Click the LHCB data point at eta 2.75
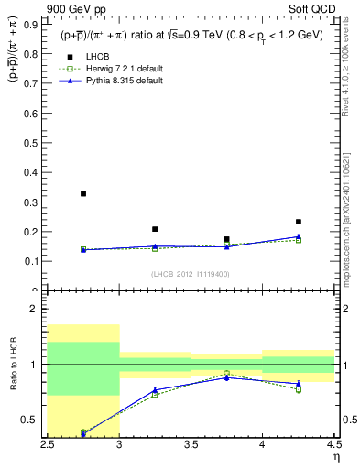pos(82,193)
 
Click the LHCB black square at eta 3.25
pos(155,229)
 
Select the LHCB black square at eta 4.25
pos(299,222)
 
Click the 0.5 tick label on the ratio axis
pos(33,420)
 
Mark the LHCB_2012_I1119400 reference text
pos(190,274)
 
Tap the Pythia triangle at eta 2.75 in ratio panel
pos(82,433)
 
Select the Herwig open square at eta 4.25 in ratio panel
pos(299,389)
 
